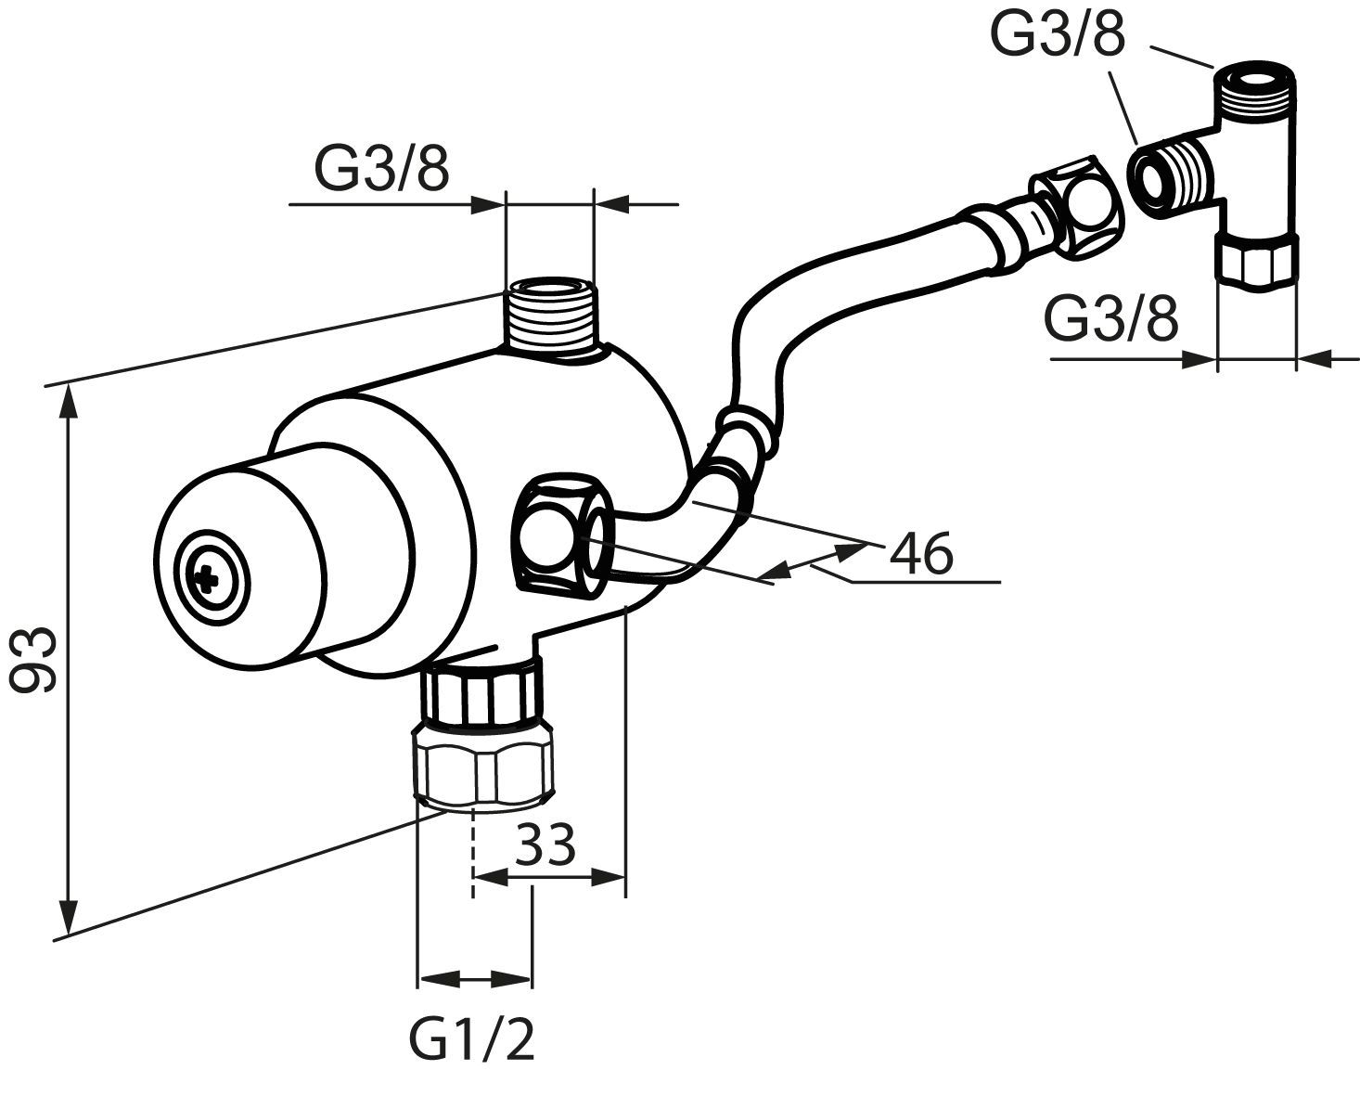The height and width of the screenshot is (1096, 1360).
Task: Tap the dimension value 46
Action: [x=920, y=554]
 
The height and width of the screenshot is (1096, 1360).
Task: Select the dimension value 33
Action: [x=546, y=845]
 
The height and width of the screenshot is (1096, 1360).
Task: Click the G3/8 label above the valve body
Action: [x=381, y=170]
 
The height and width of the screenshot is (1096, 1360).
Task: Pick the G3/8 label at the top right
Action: [x=1058, y=35]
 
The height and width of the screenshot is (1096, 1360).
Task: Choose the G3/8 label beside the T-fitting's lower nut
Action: [x=1111, y=319]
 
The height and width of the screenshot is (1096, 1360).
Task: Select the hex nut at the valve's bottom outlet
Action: [x=482, y=767]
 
